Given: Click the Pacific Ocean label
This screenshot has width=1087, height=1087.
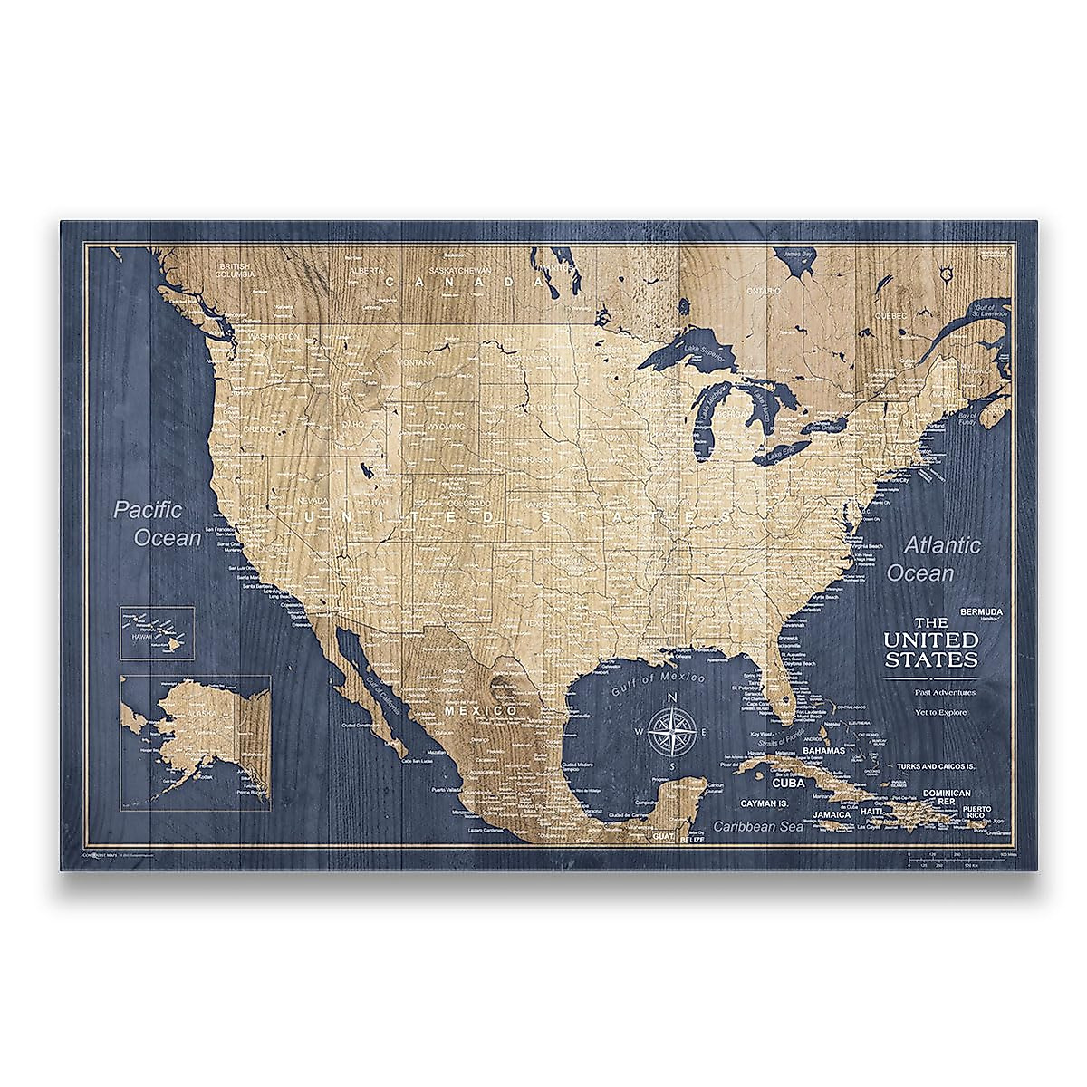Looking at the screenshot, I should click(x=157, y=524).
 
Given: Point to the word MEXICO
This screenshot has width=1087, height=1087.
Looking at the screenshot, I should click(x=480, y=711).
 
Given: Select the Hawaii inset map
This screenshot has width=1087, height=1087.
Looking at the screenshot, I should click(x=158, y=632).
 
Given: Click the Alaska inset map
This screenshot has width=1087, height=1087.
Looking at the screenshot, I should click(x=195, y=738).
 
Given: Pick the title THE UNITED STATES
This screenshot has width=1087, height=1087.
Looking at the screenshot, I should click(x=931, y=642).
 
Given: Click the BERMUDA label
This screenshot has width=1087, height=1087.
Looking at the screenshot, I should click(x=984, y=610).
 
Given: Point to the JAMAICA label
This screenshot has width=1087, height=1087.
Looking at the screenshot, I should click(x=831, y=814).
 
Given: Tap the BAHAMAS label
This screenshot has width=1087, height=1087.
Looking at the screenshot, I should click(x=823, y=751).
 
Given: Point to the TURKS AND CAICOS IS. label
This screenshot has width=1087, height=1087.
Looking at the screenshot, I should click(x=935, y=767).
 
